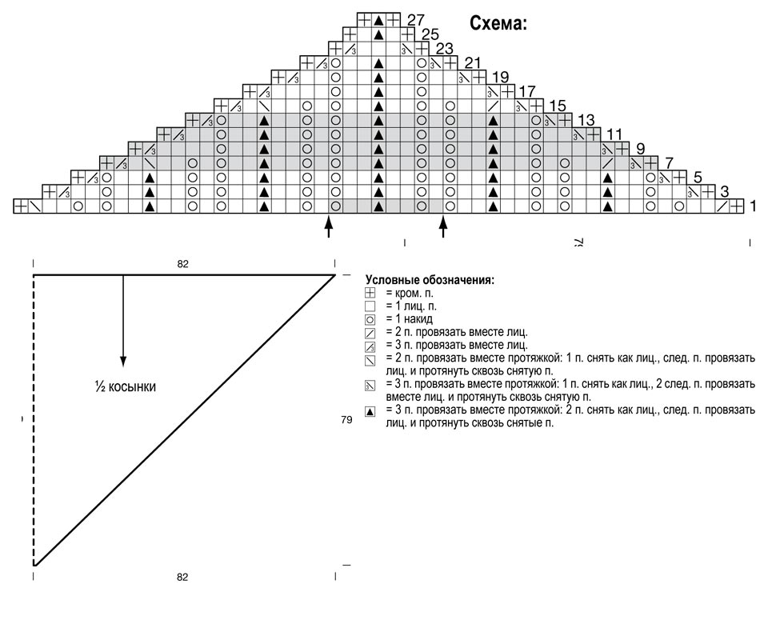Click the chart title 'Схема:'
click(x=498, y=23)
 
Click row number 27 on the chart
click(x=416, y=20)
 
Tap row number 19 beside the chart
click(x=501, y=78)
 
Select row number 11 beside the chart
click(x=614, y=134)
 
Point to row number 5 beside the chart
click(x=698, y=177)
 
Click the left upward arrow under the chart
click(x=329, y=226)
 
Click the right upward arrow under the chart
click(x=443, y=226)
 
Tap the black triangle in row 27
click(x=378, y=20)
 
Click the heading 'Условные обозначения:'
click(x=430, y=280)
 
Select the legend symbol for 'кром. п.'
click(x=370, y=294)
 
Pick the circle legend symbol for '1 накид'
click(x=370, y=320)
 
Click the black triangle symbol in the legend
click(x=370, y=412)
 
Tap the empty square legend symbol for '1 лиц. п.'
click(x=370, y=306)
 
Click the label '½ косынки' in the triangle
click(x=126, y=387)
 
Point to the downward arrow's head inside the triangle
click(x=123, y=362)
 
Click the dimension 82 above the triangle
click(x=182, y=264)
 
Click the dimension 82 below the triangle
click(x=182, y=577)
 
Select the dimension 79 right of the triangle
click(x=346, y=420)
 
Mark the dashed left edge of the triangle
click(x=34, y=421)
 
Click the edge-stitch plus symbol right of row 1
click(x=737, y=206)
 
